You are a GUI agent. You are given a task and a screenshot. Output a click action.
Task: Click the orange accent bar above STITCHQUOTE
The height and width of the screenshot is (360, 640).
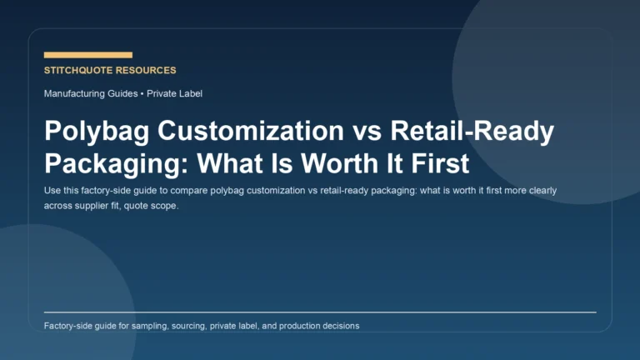[x=87, y=55]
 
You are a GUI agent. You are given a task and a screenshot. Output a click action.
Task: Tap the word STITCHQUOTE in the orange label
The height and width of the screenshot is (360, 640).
[x=80, y=71]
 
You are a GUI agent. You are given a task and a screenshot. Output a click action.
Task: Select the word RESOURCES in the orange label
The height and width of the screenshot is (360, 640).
[x=147, y=71]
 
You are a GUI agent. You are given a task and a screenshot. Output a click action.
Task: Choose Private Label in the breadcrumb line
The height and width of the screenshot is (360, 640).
[x=174, y=93]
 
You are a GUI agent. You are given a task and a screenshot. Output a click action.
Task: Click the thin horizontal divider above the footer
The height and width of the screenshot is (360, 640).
[x=320, y=312]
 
